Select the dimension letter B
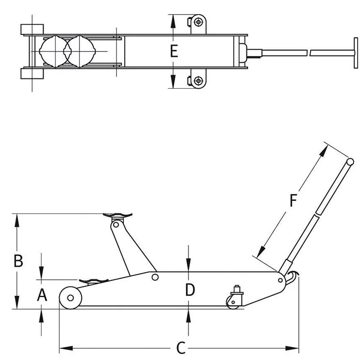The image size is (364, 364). pyautogui.click(x=17, y=261)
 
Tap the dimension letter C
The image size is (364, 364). pyautogui.click(x=181, y=348)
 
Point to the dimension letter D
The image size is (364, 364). pyautogui.click(x=190, y=289)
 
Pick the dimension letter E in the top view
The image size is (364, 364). pyautogui.click(x=173, y=51)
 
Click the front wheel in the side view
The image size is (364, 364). pyautogui.click(x=71, y=298)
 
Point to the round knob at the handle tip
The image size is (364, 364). pyautogui.click(x=350, y=162)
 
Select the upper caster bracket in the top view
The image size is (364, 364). pyautogui.click(x=197, y=22)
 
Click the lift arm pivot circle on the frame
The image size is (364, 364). pyautogui.click(x=155, y=277)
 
